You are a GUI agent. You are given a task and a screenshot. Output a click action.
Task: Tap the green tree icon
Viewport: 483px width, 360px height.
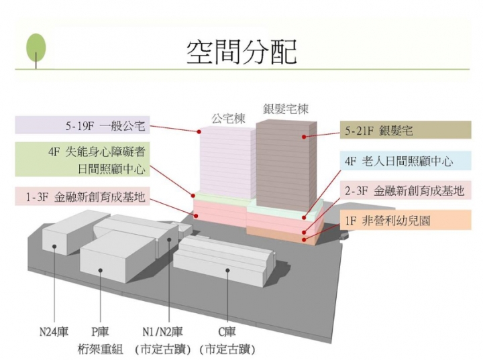tap(36, 48)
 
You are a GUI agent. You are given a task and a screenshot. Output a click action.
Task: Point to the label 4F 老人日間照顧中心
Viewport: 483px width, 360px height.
tap(398, 162)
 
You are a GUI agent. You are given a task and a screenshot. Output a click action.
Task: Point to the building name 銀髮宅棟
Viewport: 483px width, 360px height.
tap(285, 109)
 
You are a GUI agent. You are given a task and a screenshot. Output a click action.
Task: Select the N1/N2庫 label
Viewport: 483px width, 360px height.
tap(163, 331)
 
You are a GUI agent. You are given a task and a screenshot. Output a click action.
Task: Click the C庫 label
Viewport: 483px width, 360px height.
tap(226, 331)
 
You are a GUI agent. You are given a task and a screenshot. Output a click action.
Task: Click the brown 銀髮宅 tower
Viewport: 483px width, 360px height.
tap(282, 168)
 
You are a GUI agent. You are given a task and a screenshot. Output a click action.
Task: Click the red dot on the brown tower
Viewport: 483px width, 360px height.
tap(304, 136)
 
